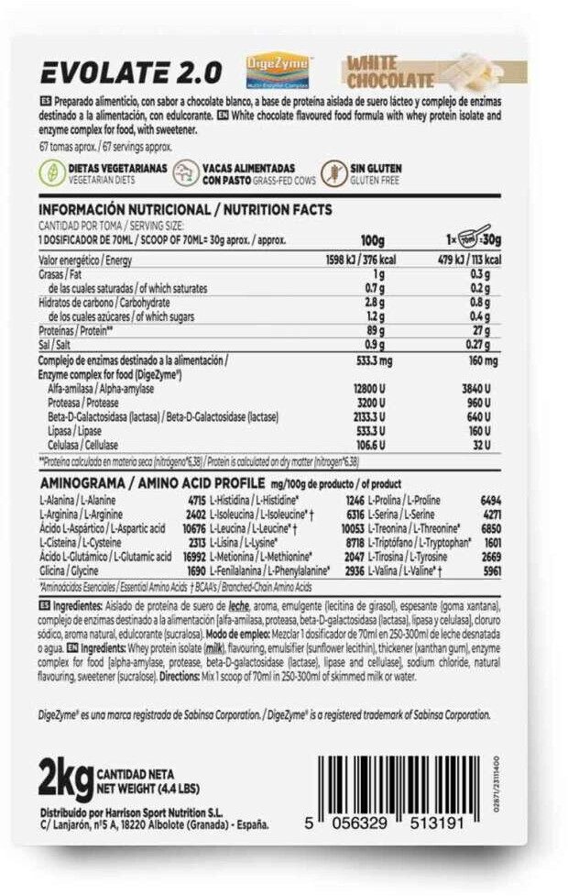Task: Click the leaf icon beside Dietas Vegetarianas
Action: point(52,172)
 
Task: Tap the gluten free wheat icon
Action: point(331,172)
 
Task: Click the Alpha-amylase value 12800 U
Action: point(369,390)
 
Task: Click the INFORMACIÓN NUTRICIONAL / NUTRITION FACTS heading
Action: point(184,210)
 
